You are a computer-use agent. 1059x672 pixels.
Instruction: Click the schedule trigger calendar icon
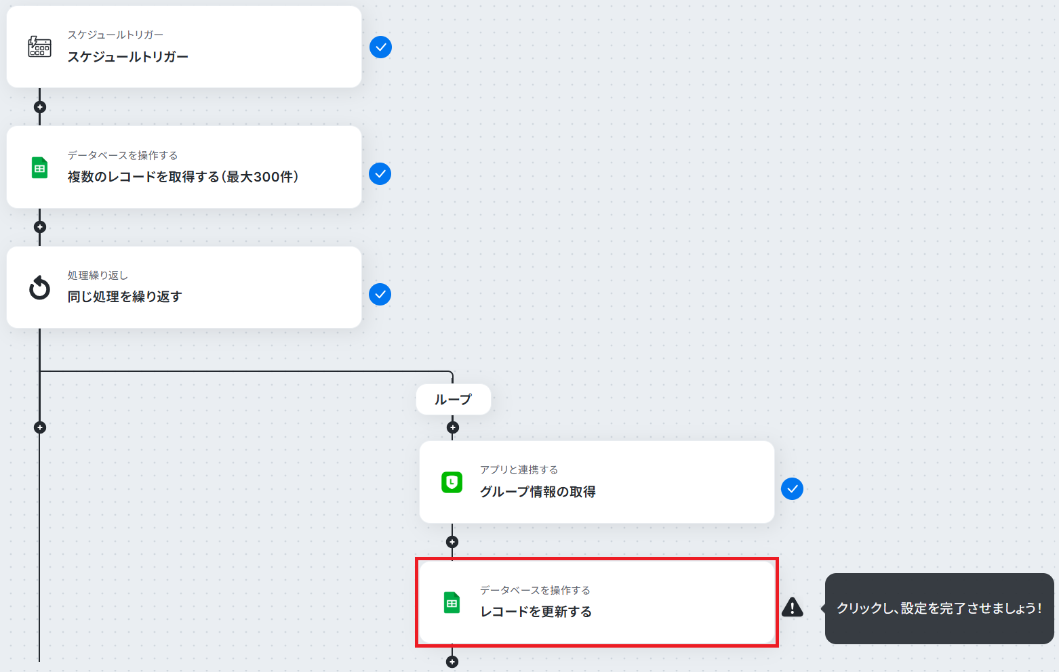click(x=40, y=47)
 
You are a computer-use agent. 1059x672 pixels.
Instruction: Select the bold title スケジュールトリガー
click(x=127, y=57)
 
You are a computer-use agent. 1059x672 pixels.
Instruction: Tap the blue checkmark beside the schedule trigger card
click(x=380, y=47)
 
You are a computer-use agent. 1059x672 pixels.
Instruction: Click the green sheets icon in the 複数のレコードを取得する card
click(x=40, y=167)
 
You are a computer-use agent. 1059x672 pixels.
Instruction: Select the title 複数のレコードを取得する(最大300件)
click(x=183, y=177)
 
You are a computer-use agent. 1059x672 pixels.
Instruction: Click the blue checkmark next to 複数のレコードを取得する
click(x=380, y=174)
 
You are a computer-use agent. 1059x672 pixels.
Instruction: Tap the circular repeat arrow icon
click(x=40, y=288)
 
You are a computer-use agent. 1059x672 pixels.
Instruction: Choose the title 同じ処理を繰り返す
click(x=125, y=297)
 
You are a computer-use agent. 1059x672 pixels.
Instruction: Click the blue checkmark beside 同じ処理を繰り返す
click(x=380, y=295)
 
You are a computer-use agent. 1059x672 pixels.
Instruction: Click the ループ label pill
click(x=454, y=400)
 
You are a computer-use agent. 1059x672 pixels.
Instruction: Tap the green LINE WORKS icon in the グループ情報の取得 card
click(x=452, y=482)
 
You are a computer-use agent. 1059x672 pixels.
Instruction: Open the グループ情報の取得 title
click(x=538, y=492)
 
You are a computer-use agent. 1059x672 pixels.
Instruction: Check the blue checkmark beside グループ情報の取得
click(x=793, y=489)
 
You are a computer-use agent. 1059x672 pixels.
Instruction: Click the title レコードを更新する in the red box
click(x=536, y=612)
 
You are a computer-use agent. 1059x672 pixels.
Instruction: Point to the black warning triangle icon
click(x=793, y=607)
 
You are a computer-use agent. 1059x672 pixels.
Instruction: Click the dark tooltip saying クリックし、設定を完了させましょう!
click(x=940, y=608)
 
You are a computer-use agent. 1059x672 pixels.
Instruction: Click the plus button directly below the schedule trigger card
click(x=40, y=107)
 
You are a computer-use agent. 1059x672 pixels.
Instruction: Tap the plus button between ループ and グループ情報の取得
click(x=453, y=428)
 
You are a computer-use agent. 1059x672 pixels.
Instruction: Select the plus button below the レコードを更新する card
click(x=452, y=662)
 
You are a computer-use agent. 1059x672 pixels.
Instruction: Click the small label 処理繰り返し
click(x=98, y=275)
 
